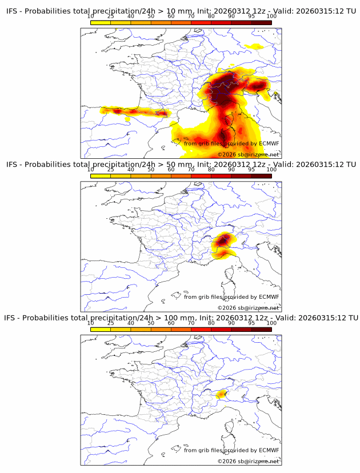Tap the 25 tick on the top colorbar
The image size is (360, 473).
[110, 17]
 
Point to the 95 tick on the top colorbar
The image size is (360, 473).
[251, 17]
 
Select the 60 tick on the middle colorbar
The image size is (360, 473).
[171, 170]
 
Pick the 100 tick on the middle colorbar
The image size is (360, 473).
[271, 170]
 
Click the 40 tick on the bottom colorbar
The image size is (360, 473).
[131, 323]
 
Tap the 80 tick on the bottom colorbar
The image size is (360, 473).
[211, 323]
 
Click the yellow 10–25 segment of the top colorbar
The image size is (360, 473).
[101, 22]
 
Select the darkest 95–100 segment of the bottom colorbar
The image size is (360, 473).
[261, 330]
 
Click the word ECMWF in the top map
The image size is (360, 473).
[269, 143]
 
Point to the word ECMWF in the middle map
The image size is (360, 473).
[269, 296]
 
